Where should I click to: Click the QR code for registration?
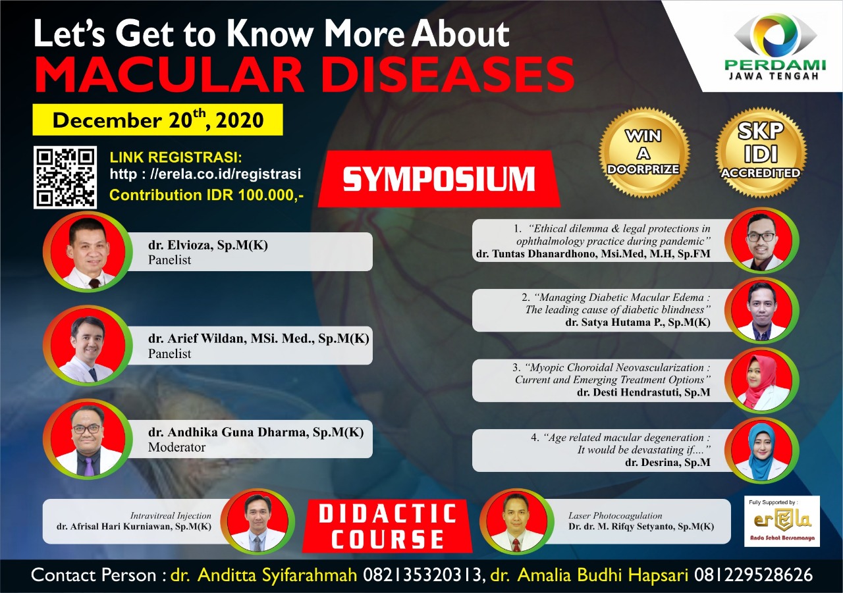pos(65,177)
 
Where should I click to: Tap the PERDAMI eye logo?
pos(775,36)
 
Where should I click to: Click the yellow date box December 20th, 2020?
pos(157,120)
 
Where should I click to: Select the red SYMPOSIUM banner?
pos(439,179)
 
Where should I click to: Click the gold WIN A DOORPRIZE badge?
pos(644,152)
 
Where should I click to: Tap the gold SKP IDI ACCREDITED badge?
pos(761,152)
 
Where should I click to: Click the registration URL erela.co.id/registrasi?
pos(205,174)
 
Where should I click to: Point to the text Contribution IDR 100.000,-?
pos(206,195)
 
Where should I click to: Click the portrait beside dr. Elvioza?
pos(88,251)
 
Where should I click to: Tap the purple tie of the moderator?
pos(88,466)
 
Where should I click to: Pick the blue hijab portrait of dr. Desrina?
pos(761,450)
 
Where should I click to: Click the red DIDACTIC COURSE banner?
pos(388,526)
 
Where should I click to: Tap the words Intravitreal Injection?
pos(171,515)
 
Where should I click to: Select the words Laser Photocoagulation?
pos(615,515)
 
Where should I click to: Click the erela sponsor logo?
pos(782,521)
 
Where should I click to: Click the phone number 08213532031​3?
pos(422,575)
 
